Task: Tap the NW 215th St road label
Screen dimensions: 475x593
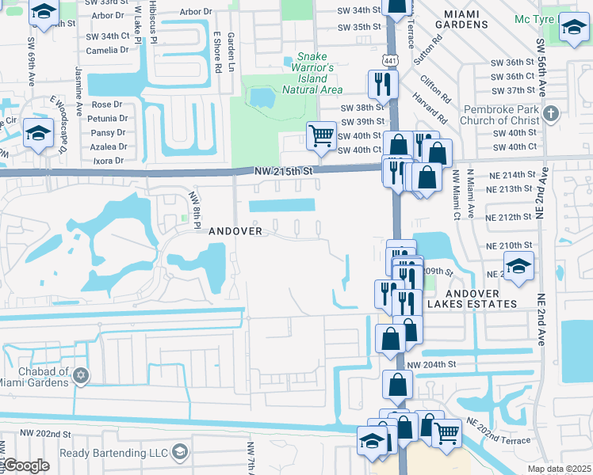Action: click(x=285, y=171)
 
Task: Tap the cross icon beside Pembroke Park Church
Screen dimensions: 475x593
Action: click(x=552, y=114)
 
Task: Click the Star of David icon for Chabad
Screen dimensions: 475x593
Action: click(x=80, y=377)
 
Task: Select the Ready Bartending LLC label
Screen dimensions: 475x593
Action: click(x=114, y=452)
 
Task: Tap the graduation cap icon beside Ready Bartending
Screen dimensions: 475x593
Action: click(x=180, y=451)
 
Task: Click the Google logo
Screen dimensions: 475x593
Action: click(x=25, y=465)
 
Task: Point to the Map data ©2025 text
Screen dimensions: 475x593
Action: click(x=558, y=469)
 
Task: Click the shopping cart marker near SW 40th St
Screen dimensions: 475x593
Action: click(x=321, y=135)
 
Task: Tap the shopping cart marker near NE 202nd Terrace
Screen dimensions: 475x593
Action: click(x=447, y=433)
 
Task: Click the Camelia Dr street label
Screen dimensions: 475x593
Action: click(x=107, y=50)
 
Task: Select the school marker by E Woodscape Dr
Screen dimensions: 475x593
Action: click(x=37, y=132)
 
